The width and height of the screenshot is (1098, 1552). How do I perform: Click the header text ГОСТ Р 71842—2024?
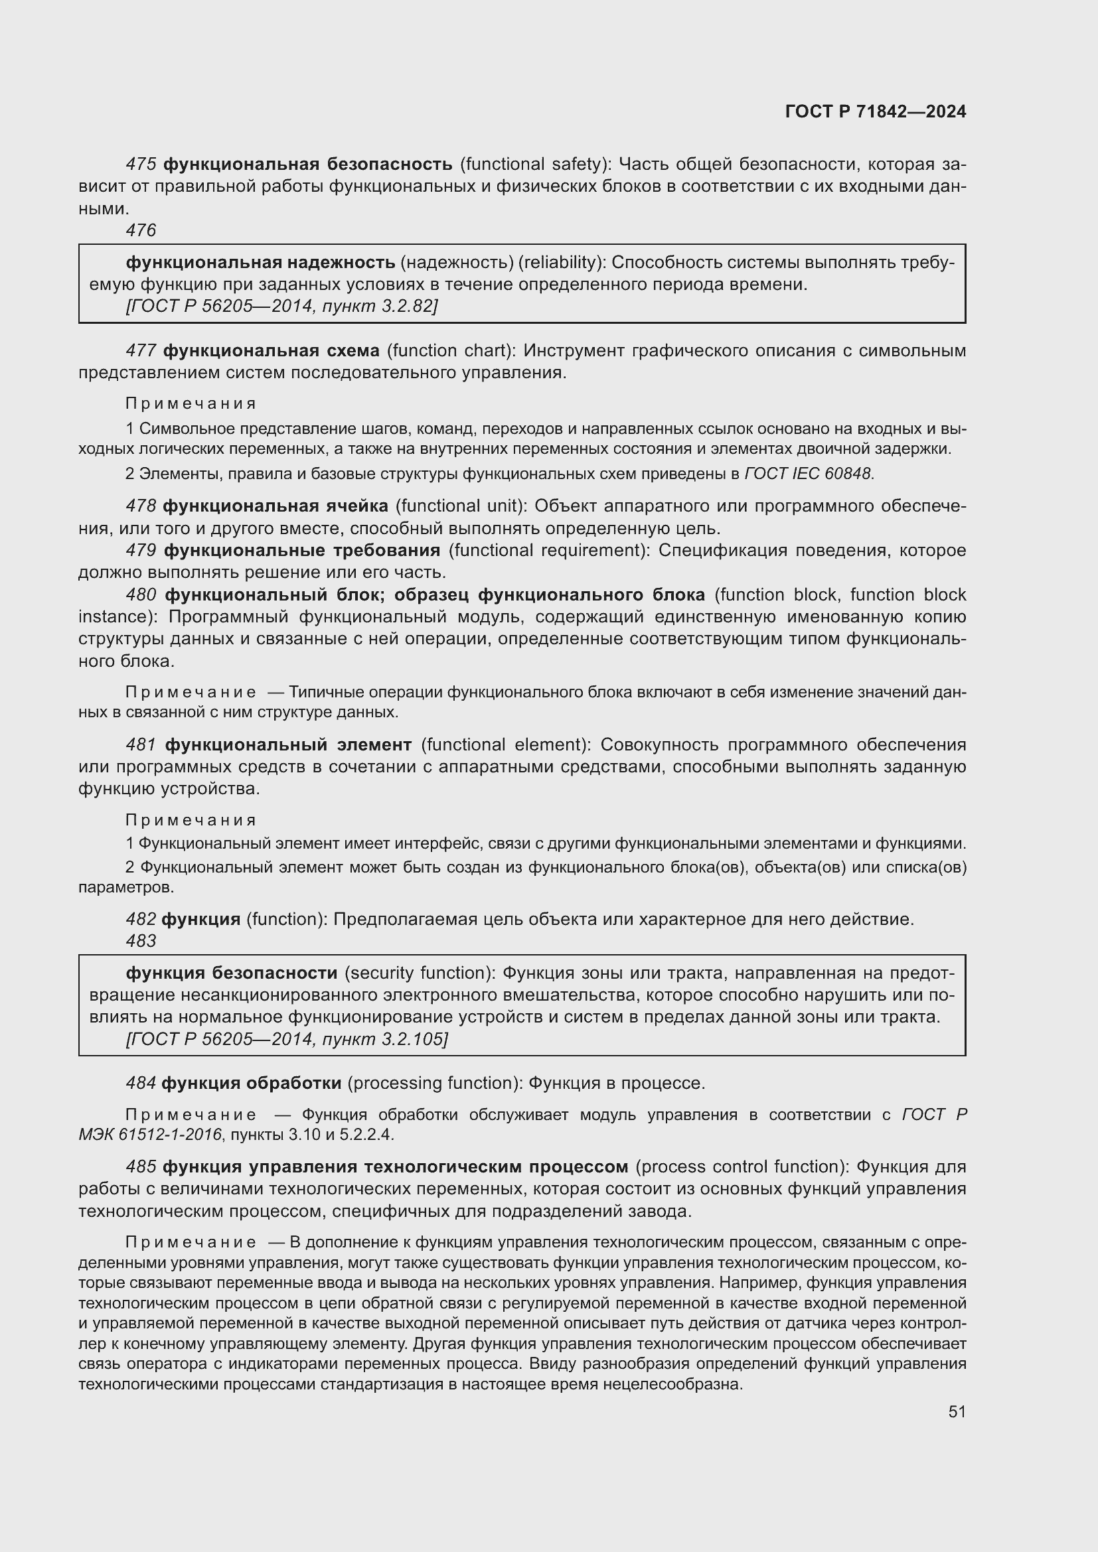[x=876, y=112]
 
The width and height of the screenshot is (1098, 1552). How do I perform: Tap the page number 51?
[x=957, y=1411]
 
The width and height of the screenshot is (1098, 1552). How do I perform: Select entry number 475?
[x=141, y=165]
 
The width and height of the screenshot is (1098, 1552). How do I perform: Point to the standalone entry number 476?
[x=141, y=230]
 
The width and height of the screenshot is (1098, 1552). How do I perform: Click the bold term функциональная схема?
[x=271, y=351]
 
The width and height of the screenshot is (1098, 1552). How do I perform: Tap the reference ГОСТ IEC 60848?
[x=809, y=474]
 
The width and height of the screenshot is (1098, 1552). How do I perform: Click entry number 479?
[x=141, y=550]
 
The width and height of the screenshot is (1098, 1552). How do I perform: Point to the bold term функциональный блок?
[x=275, y=595]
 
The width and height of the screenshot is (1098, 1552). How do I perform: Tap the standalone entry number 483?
[x=141, y=941]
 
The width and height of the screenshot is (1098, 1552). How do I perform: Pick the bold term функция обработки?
[x=252, y=1084]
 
